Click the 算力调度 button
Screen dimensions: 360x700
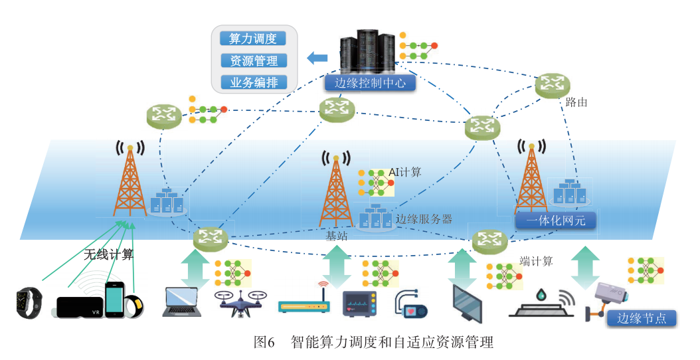[x=252, y=39]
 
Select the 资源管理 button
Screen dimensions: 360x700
[x=252, y=60]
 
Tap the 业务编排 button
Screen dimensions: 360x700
[x=252, y=82]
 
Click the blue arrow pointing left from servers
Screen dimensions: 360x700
[x=317, y=58]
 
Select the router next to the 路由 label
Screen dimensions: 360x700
[x=553, y=84]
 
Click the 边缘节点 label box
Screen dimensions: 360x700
[x=642, y=318]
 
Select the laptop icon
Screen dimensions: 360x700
[x=181, y=302]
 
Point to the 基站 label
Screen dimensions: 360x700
[x=335, y=235]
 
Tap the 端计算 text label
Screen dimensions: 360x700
[x=536, y=261]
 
